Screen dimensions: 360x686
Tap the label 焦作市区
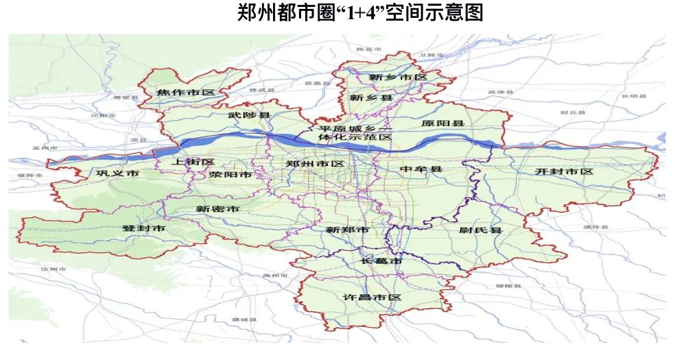[185, 93]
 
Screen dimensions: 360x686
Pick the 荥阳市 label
[230, 175]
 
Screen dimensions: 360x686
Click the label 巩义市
[118, 173]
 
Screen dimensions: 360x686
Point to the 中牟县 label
[421, 169]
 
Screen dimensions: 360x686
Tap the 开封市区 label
[564, 171]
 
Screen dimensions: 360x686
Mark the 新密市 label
[217, 208]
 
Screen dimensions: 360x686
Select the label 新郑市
[347, 230]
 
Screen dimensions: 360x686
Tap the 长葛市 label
[380, 262]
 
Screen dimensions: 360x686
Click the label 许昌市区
[371, 297]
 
